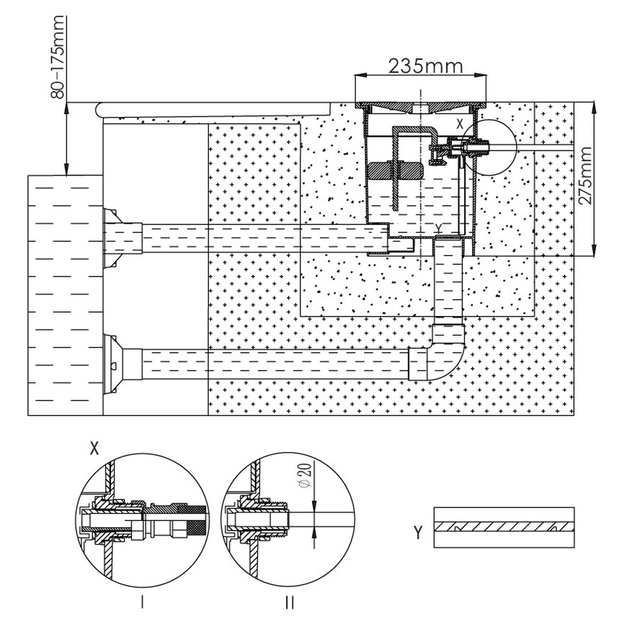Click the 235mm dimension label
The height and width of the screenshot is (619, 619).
(426, 67)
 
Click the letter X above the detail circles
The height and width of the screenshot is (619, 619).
(94, 449)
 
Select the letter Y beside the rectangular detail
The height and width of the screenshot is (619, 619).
(418, 532)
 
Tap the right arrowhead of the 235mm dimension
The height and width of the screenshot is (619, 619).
(481, 75)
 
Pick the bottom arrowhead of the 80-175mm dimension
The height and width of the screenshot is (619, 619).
(66, 170)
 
